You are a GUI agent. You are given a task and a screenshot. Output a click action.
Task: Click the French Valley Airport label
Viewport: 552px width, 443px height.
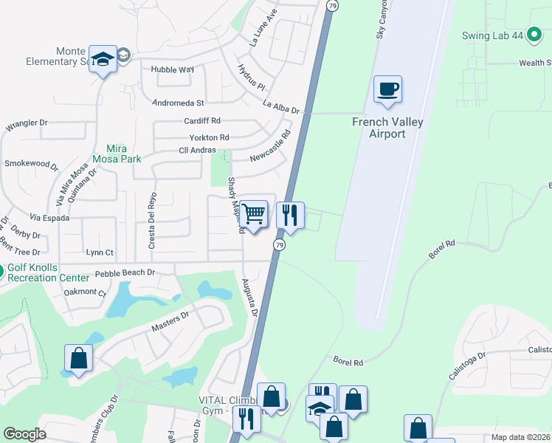pos(388,128)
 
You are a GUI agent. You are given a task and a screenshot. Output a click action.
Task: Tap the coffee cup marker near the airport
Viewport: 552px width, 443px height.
pos(387,90)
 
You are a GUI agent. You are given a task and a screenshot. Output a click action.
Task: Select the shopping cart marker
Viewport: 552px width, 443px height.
pos(253,215)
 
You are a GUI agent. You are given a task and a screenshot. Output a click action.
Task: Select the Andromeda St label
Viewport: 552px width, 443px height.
pos(177,103)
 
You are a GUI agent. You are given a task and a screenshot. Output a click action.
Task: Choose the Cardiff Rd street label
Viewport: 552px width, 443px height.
pos(203,120)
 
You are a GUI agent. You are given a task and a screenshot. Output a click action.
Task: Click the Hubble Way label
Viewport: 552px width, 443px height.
pos(172,69)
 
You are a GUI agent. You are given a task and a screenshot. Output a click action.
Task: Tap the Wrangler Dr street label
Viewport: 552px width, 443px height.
pos(27,124)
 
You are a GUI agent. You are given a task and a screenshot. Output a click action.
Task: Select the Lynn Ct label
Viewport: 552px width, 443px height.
pos(100,252)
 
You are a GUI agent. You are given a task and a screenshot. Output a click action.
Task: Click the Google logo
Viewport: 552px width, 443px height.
pos(25,434)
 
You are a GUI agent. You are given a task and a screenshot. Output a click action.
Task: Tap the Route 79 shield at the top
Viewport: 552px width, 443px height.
pos(333,5)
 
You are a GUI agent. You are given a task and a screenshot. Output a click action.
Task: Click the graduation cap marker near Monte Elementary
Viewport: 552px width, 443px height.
pos(103,59)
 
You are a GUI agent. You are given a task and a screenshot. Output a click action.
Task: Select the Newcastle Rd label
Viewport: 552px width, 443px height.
pos(271,146)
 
